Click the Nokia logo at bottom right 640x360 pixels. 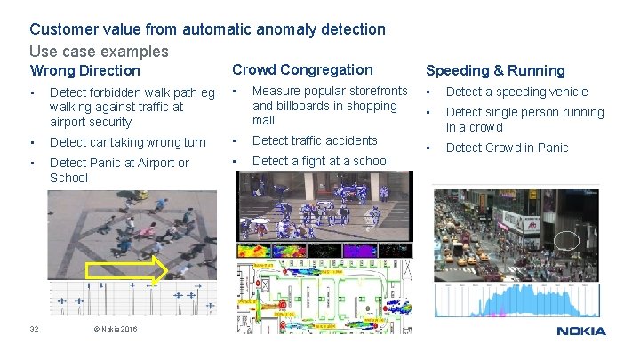(581, 331)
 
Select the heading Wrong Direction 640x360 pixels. (85, 70)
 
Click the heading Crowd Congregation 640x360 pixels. (302, 69)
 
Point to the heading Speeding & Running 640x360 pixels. (495, 70)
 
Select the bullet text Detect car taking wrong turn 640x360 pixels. (128, 142)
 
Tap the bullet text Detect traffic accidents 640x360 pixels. (315, 140)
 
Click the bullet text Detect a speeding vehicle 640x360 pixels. (516, 92)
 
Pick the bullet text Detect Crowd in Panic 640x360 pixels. (507, 148)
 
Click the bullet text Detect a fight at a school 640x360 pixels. (321, 161)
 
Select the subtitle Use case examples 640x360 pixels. (99, 52)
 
